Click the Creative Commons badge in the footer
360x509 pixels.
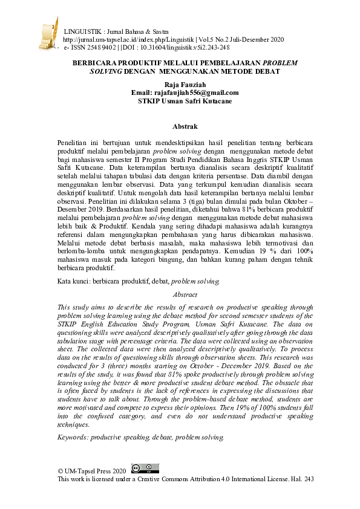145,468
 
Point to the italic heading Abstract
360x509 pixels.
185,294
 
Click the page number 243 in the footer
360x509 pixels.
308,479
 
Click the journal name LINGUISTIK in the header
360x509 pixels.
83,31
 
